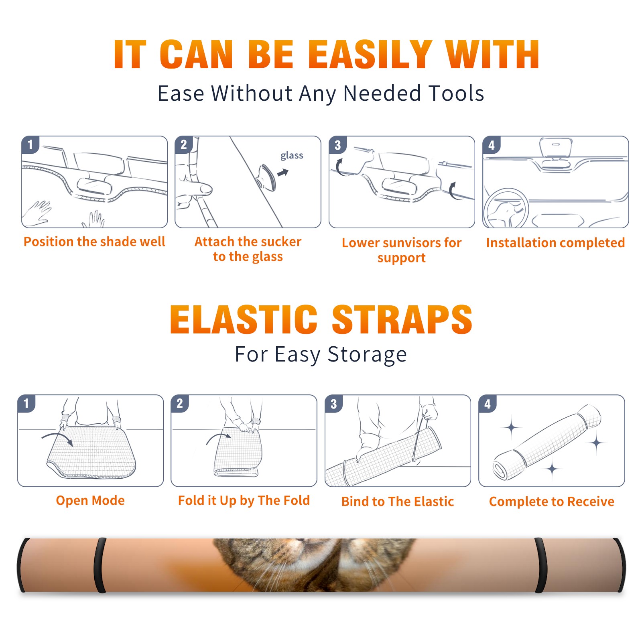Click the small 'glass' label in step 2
(292, 155)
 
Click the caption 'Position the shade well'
(94, 242)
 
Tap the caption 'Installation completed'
(555, 243)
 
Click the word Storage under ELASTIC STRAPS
(367, 355)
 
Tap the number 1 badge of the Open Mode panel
(26, 404)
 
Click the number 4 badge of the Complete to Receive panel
(488, 404)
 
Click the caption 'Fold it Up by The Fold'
(244, 500)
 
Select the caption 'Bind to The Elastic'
(398, 502)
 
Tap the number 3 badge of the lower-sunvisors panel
(337, 145)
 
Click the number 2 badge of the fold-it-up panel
(180, 404)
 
